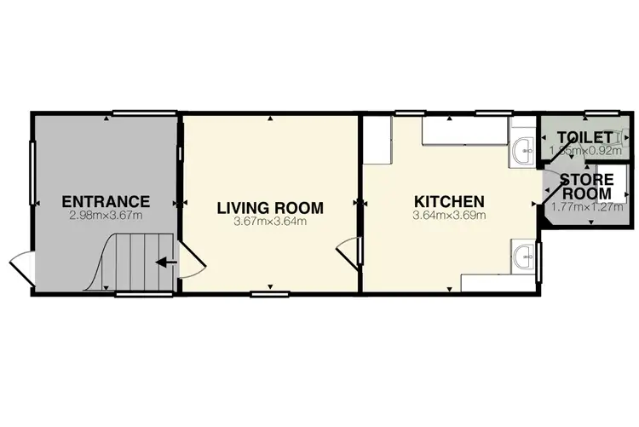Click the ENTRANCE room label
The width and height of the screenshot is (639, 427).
coord(106,202)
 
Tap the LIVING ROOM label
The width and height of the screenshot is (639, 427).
coord(269,207)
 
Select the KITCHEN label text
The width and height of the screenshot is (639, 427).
coord(449,201)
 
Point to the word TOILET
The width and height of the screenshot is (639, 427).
coord(584,137)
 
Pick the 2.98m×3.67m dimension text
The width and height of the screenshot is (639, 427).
coord(106,216)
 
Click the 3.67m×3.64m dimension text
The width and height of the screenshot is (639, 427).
coord(269,222)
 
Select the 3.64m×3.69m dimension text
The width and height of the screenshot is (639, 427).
coord(449,216)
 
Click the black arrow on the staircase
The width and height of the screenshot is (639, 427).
coord(167,262)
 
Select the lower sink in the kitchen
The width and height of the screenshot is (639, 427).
coord(525,254)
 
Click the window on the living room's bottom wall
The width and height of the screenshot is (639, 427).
coord(270,295)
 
